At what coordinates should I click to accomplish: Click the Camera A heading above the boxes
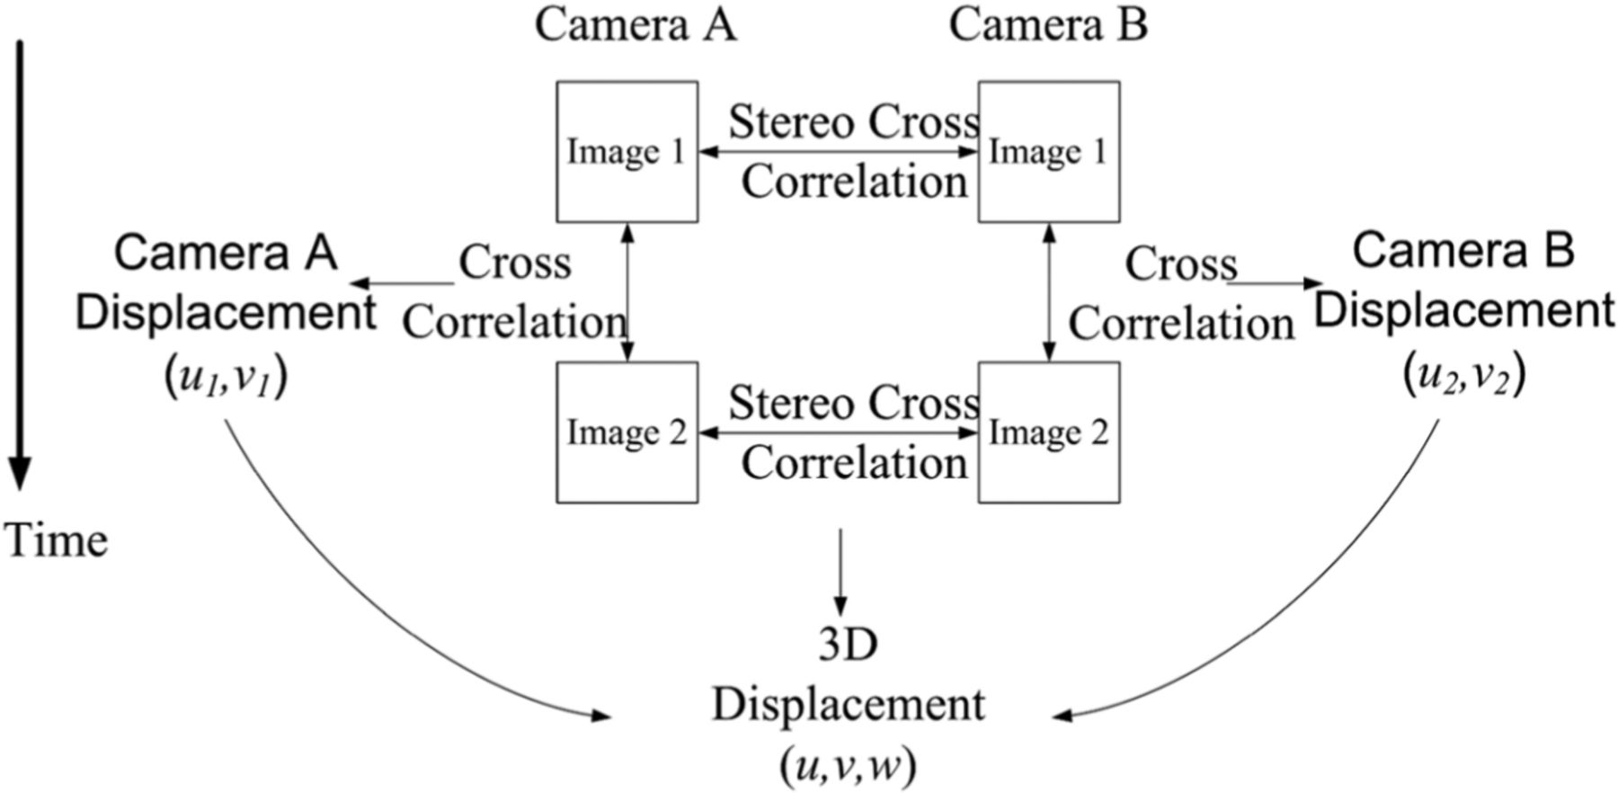(636, 25)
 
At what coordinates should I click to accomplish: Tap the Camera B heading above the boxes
(1048, 25)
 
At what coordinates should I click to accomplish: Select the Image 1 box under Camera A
(627, 152)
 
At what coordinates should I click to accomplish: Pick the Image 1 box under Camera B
(1048, 152)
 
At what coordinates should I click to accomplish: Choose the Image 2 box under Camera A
(627, 432)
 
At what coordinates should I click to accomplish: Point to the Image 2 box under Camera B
(1048, 432)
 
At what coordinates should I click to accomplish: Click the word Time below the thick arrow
(56, 540)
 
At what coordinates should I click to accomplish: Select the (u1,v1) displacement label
(225, 378)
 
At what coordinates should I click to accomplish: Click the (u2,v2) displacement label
(1463, 376)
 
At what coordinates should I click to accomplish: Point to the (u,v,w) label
(848, 767)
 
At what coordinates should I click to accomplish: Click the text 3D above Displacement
(848, 645)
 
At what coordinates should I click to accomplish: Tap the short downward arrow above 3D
(840, 571)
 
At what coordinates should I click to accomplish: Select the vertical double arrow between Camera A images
(627, 292)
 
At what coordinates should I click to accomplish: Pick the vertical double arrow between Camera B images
(1049, 292)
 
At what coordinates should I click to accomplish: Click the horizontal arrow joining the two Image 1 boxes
(838, 152)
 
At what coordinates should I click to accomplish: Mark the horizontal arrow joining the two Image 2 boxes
(838, 432)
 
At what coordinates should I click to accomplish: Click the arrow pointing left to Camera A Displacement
(400, 284)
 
